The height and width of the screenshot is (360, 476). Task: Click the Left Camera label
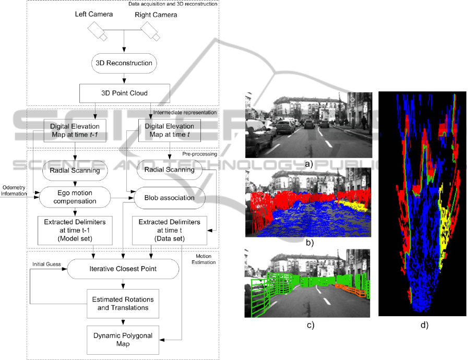94,14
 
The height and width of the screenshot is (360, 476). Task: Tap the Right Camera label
156,15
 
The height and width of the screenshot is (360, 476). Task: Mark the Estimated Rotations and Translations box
123,303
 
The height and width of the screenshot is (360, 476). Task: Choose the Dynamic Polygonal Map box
123,340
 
